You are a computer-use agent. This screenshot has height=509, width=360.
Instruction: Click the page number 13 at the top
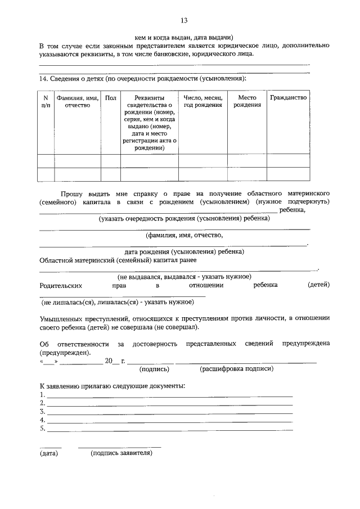point(183,21)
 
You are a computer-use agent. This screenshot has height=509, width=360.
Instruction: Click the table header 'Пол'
point(110,98)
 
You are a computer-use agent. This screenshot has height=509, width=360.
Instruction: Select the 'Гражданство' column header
point(288,98)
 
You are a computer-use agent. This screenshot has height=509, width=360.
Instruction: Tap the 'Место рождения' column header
point(247,101)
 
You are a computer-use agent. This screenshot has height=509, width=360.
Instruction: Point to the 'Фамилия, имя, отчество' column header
point(78,101)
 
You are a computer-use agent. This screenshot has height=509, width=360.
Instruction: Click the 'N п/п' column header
point(46,101)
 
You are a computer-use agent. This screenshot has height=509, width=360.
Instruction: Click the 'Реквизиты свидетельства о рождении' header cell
point(149,123)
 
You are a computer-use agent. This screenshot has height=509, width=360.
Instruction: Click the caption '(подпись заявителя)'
point(121,453)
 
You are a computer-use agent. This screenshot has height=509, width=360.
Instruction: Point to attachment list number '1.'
point(42,395)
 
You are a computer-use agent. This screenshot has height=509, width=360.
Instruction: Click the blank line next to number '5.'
point(169,430)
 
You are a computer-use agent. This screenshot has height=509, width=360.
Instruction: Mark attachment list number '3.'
point(42,412)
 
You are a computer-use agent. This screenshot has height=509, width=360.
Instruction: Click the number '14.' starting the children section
point(44,78)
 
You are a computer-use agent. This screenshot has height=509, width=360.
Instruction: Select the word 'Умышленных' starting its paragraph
point(61,318)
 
